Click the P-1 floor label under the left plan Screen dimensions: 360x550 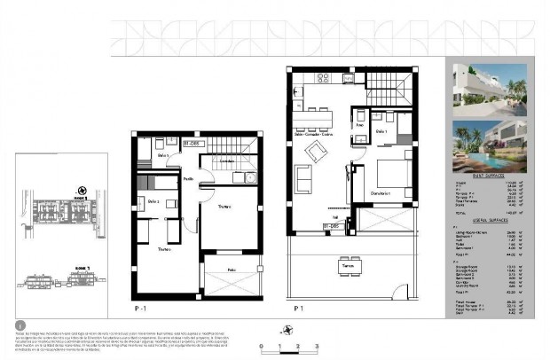[139, 308]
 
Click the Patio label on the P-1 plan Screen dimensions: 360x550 [231, 268]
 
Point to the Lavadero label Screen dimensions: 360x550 [229, 160]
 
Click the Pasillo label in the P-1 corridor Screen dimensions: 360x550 [189, 178]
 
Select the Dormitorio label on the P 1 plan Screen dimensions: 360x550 [382, 194]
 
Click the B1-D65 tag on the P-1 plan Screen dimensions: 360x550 [191, 142]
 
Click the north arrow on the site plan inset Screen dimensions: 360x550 [81, 189]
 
